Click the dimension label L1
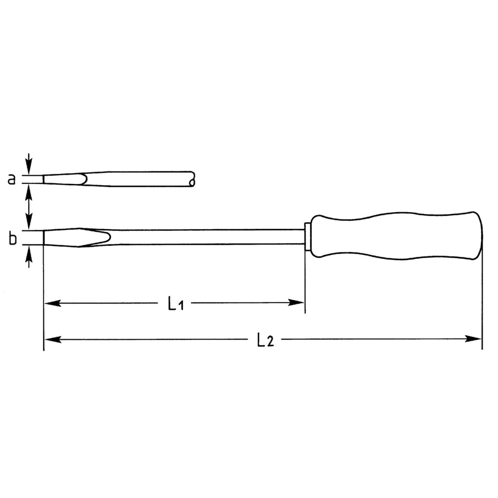point(176,303)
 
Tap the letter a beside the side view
point(12,179)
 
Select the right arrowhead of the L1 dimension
point(296,303)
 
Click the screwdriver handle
point(397,236)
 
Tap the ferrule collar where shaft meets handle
point(308,236)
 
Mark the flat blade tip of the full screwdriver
point(45,237)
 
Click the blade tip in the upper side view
point(45,179)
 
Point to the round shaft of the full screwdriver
point(207,237)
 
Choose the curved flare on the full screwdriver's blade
point(104,237)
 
